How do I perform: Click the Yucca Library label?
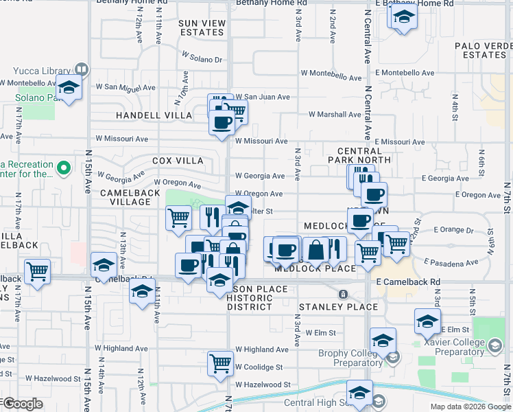point(41,70)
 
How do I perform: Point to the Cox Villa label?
point(178,161)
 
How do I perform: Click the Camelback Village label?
point(130,194)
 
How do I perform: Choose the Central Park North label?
point(364,155)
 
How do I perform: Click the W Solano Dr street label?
point(202,60)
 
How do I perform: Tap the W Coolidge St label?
point(259,367)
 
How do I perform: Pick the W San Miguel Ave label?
point(123,87)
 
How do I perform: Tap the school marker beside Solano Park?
point(69,87)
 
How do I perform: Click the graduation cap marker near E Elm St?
point(427,320)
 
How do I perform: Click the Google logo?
point(22,404)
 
